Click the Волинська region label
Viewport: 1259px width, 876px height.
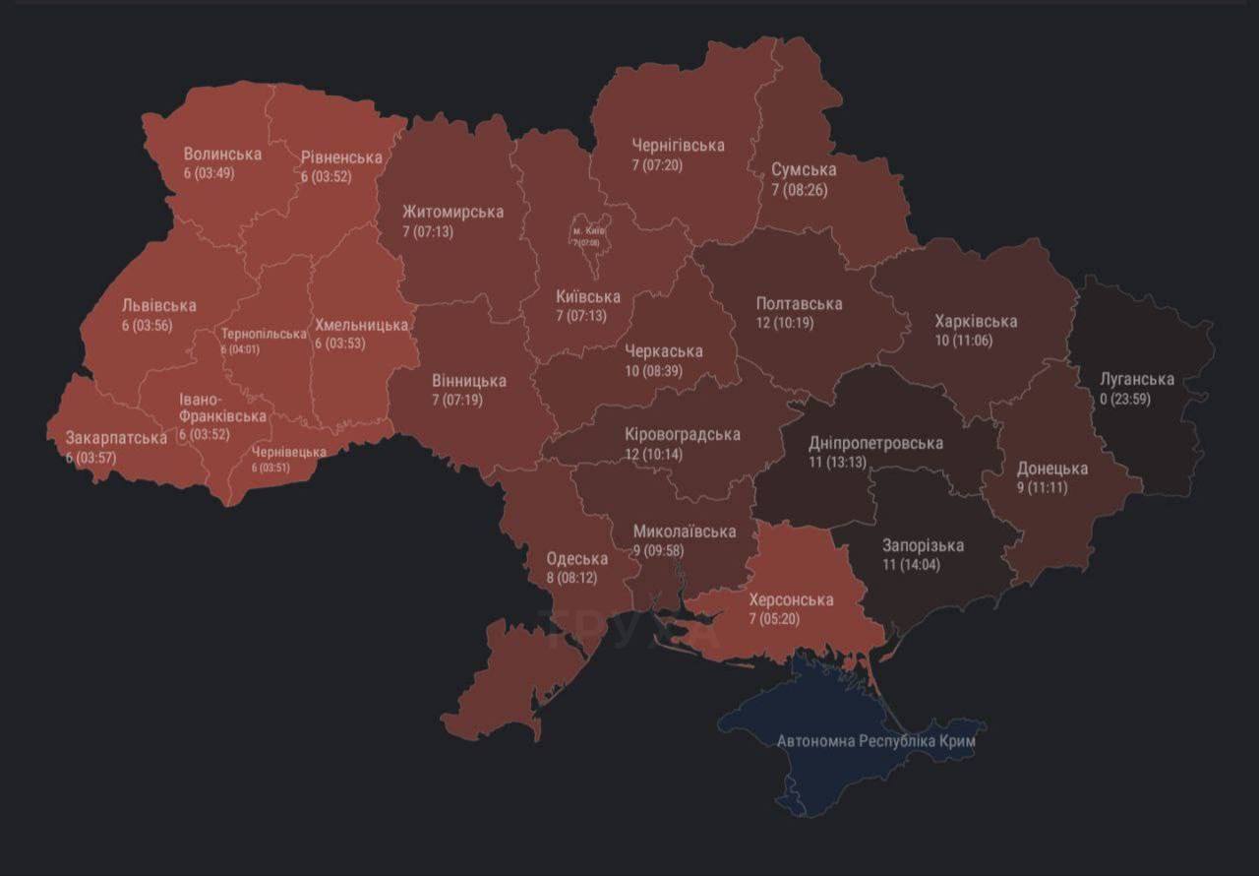click(222, 155)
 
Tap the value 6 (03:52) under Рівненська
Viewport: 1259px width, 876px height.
click(326, 177)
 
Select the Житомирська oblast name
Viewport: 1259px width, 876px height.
click(452, 212)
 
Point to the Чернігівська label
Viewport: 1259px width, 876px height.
click(678, 146)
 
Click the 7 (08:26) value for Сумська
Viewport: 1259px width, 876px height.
click(800, 190)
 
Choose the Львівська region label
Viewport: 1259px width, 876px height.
click(158, 305)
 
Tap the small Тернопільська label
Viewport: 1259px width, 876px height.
click(264, 334)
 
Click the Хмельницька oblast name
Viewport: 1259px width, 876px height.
click(361, 325)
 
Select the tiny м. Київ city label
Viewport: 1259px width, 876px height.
click(588, 231)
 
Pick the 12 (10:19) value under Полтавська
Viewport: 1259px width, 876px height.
click(785, 322)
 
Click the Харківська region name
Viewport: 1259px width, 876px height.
click(976, 321)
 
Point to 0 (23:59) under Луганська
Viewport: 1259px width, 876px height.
click(1125, 399)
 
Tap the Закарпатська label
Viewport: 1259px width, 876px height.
click(116, 437)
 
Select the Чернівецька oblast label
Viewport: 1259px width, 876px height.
click(289, 452)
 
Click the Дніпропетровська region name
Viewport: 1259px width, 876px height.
click(875, 443)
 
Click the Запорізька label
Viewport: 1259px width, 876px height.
click(923, 545)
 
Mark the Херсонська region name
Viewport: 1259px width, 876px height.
click(791, 599)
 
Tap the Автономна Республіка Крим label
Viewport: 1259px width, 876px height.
click(875, 741)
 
